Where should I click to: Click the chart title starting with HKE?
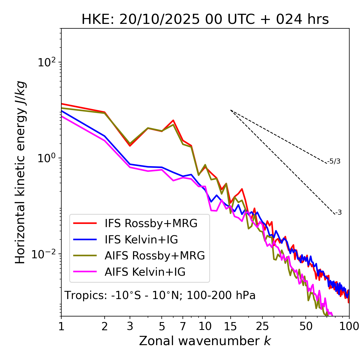point(205,20)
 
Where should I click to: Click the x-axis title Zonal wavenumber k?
point(205,341)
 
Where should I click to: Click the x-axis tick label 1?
point(61,326)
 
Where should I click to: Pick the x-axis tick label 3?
point(130,326)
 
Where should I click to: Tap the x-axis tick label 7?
point(183,326)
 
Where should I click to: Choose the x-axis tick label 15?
point(230,326)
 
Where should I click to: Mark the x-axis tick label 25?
point(262,326)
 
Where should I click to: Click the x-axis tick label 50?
point(306,326)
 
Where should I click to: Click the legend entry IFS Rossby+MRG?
point(151,223)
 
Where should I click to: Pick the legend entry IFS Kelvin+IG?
point(141,240)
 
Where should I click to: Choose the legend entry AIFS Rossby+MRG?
point(155,256)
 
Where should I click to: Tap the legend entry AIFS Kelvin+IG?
point(145,272)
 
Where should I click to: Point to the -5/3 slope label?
point(334,161)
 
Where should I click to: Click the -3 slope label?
point(339,213)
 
